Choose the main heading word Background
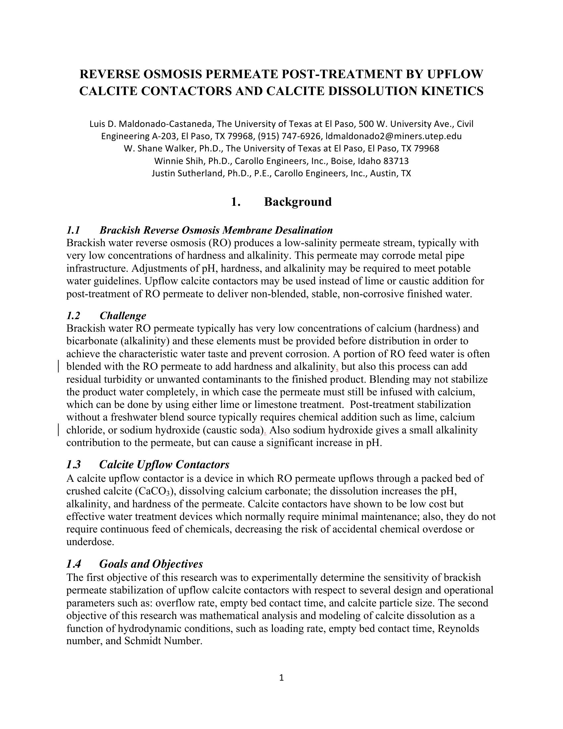(298, 201)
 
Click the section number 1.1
(74, 230)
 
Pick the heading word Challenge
(123, 315)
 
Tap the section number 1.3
(74, 464)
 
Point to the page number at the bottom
(281, 677)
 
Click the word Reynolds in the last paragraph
(458, 629)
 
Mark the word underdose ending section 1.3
(90, 542)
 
